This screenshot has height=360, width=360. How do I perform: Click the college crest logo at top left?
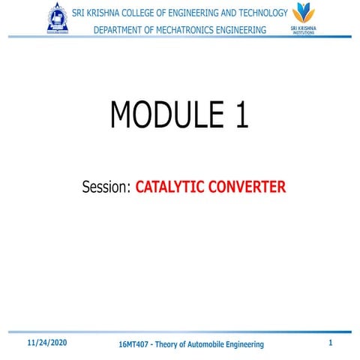(x=57, y=18)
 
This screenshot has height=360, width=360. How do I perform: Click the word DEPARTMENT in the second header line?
(x=122, y=29)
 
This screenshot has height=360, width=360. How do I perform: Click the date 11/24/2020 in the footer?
(x=46, y=342)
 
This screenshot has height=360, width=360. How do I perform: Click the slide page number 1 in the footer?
(x=331, y=342)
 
